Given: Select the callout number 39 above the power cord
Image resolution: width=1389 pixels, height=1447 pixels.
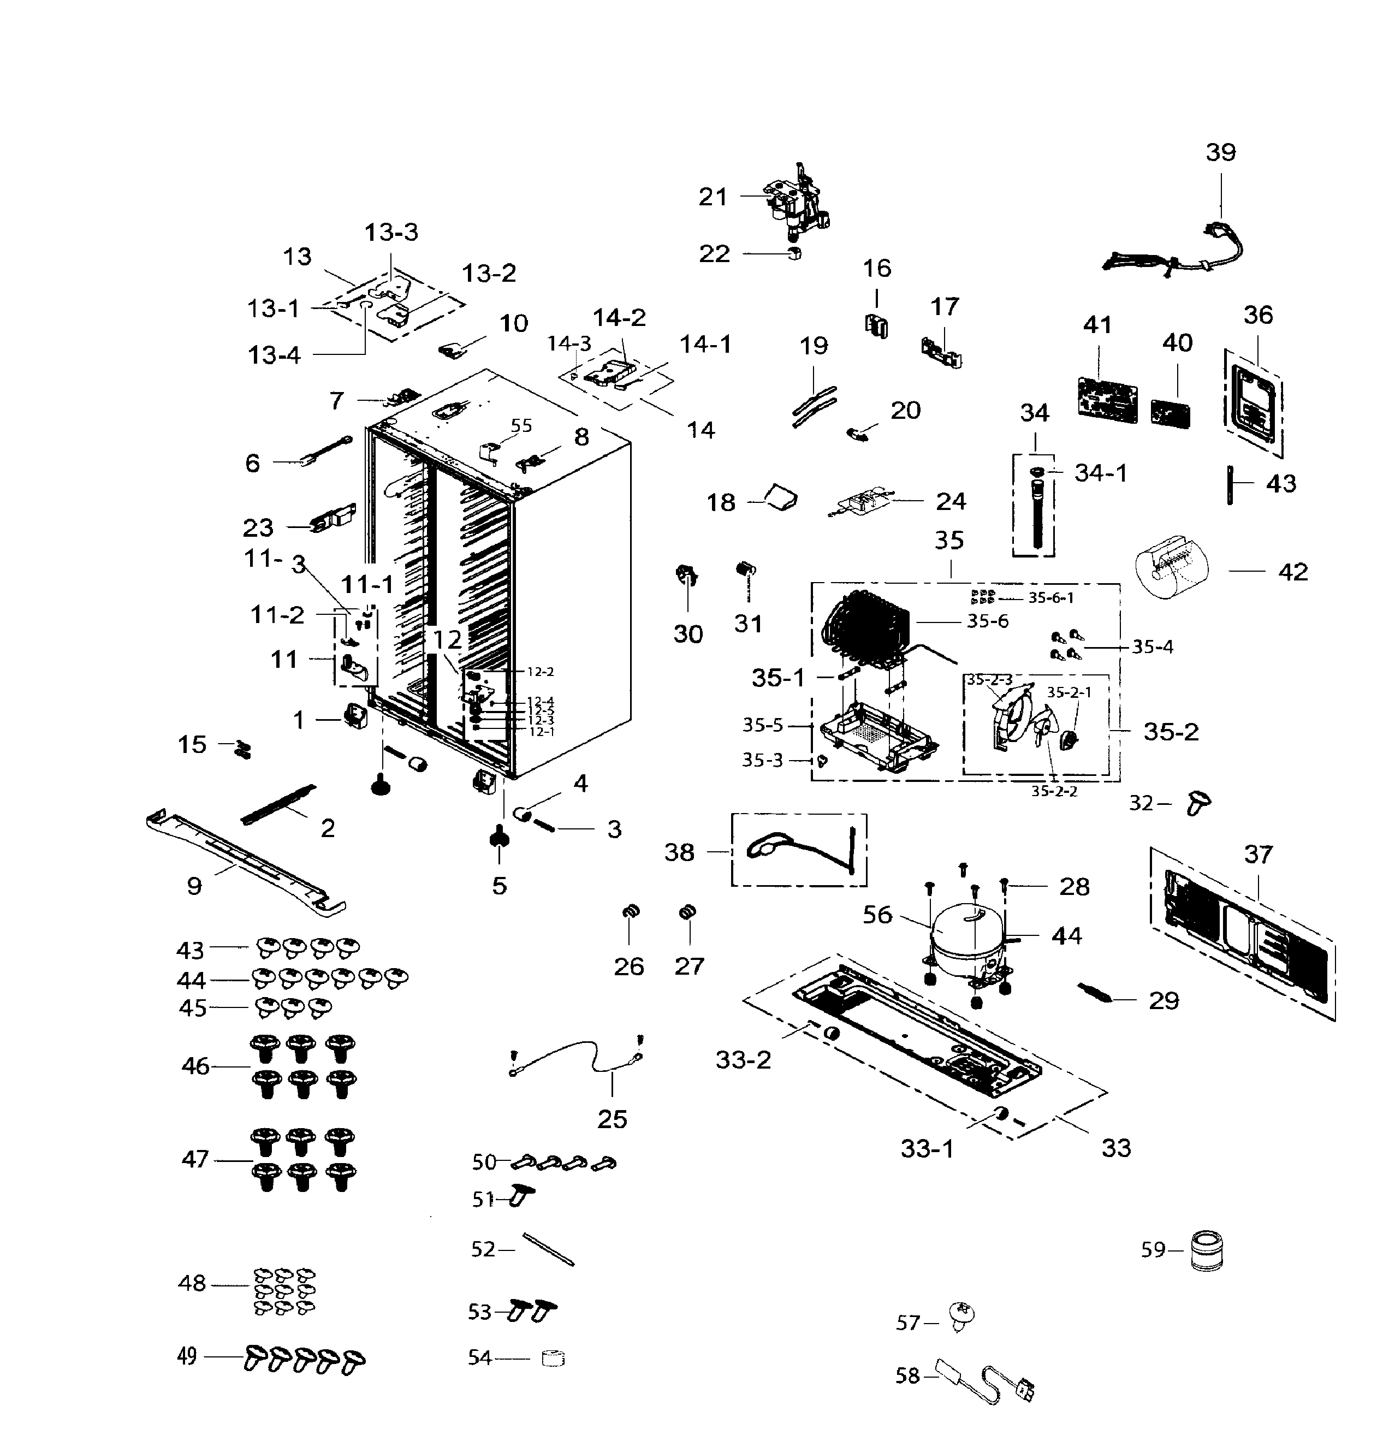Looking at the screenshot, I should [x=1220, y=153].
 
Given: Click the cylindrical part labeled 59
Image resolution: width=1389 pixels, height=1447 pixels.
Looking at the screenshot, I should [x=1206, y=1250].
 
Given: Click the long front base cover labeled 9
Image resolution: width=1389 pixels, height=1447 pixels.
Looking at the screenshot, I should [x=244, y=861].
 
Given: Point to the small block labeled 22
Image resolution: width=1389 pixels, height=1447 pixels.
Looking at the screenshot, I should [x=793, y=254].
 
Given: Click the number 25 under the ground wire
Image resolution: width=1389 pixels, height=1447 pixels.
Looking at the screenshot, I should [x=612, y=1119].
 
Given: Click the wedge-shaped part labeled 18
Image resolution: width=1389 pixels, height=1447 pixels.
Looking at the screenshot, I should [x=781, y=496].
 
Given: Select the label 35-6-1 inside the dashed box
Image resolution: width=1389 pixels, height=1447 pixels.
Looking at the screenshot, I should [x=1050, y=598].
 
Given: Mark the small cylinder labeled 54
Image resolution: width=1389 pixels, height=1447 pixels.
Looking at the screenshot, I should [x=552, y=1359].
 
